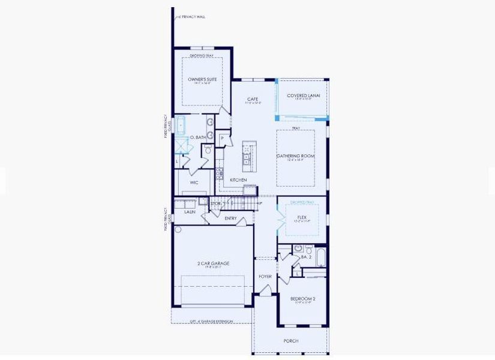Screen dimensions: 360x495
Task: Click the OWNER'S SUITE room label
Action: click(202, 79)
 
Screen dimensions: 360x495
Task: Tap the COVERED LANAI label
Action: click(303, 95)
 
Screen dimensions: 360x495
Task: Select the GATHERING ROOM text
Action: click(295, 156)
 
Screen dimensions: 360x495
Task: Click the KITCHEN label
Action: click(239, 180)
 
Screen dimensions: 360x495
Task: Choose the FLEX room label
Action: click(302, 217)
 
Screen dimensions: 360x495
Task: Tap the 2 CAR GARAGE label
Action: click(213, 263)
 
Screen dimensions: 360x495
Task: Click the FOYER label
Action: click(265, 277)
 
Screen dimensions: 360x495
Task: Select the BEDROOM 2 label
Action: click(302, 298)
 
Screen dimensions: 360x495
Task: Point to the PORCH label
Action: click(290, 341)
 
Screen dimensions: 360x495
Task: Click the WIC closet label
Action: click(194, 182)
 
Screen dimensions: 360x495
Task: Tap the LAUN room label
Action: click(190, 212)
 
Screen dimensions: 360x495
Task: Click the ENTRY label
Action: click(230, 218)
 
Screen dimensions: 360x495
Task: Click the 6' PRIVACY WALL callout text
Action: click(192, 17)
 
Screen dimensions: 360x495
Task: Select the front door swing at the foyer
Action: click(265, 290)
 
